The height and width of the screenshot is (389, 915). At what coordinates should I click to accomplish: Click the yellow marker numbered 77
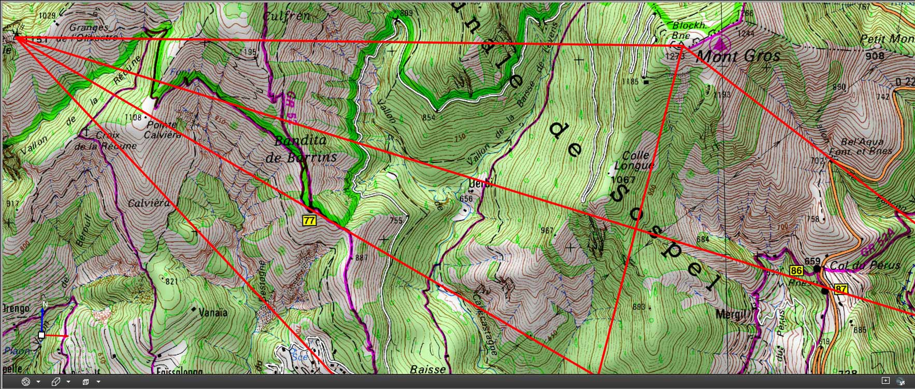tap(309, 220)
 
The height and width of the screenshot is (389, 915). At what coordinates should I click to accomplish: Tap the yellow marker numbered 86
tap(796, 270)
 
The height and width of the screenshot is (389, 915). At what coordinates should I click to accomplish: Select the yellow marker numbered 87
tap(840, 289)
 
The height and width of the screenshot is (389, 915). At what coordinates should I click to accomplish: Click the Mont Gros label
tap(738, 56)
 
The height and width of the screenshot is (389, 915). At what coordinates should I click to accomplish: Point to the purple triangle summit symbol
tap(719, 43)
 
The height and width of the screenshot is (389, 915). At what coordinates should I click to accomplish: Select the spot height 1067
tap(623, 179)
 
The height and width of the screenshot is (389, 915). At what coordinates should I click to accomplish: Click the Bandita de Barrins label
tap(301, 149)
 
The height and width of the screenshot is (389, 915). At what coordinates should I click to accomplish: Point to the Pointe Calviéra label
tap(162, 129)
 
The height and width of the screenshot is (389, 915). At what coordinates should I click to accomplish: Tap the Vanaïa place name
tap(213, 312)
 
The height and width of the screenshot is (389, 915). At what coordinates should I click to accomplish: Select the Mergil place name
tap(731, 314)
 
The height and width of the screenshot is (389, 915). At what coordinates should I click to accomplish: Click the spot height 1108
tap(133, 117)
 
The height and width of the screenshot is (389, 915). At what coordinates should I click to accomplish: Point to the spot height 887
tap(361, 258)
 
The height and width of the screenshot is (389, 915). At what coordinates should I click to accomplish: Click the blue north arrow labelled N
tap(44, 313)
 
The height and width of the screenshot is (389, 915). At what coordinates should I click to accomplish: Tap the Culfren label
tap(286, 16)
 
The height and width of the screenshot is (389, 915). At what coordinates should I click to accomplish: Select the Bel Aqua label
tap(861, 142)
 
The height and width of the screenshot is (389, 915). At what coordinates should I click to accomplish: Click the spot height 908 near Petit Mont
tap(875, 55)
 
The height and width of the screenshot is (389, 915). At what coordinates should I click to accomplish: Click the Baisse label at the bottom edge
tap(427, 369)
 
